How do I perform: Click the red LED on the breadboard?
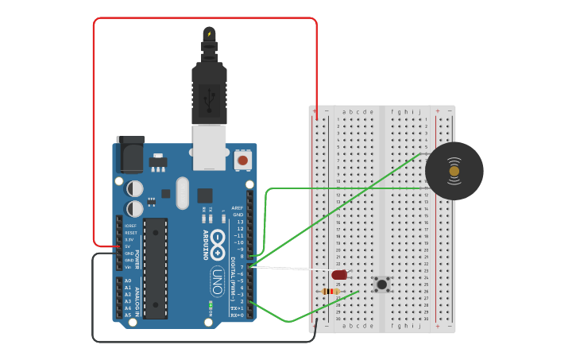point(339,274)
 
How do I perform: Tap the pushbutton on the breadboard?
point(382,284)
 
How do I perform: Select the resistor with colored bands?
point(331,291)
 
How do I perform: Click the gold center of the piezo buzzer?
point(454,171)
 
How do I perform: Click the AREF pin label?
point(238,208)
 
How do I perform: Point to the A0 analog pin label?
point(128,281)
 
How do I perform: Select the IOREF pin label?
point(130,226)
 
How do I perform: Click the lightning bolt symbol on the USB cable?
point(209,33)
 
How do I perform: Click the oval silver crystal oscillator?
point(183,193)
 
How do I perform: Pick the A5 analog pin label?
point(128,315)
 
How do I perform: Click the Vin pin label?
point(129,267)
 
